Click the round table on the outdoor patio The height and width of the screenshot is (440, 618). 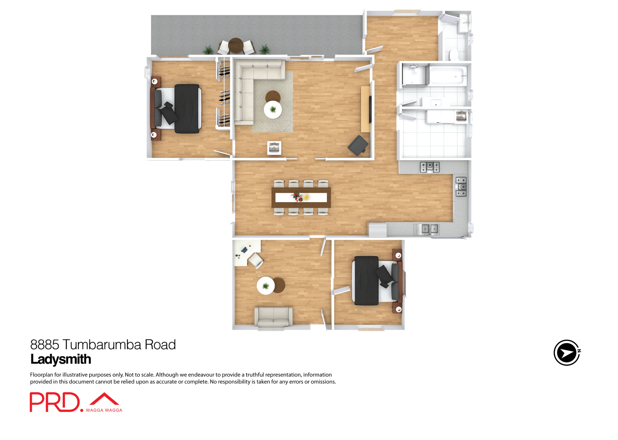236,45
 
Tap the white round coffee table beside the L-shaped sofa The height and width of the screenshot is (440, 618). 273,110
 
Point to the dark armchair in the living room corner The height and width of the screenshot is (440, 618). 358,145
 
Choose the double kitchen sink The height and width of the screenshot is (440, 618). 430,229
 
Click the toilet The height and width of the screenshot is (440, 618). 454,55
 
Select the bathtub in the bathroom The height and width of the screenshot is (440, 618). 448,76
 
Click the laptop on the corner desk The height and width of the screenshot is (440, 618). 244,250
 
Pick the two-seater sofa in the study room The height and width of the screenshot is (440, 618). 274,316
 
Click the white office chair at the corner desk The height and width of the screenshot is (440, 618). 256,260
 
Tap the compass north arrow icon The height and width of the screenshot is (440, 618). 567,353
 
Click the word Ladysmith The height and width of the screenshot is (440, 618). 61,359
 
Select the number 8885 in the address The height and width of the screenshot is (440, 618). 44,345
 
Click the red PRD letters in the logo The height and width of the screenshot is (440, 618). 55,402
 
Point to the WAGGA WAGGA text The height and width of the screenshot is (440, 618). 104,410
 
